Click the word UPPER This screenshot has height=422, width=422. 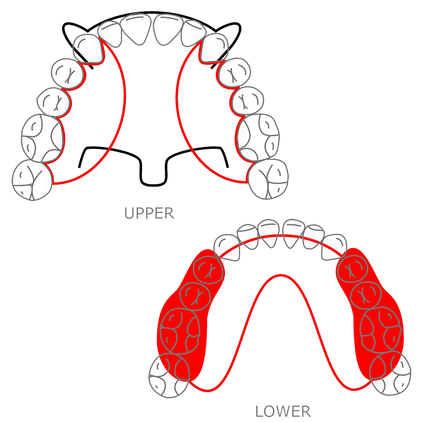click(149, 213)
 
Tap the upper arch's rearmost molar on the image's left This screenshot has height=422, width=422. click(31, 179)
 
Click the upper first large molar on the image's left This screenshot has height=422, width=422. click(42, 137)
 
